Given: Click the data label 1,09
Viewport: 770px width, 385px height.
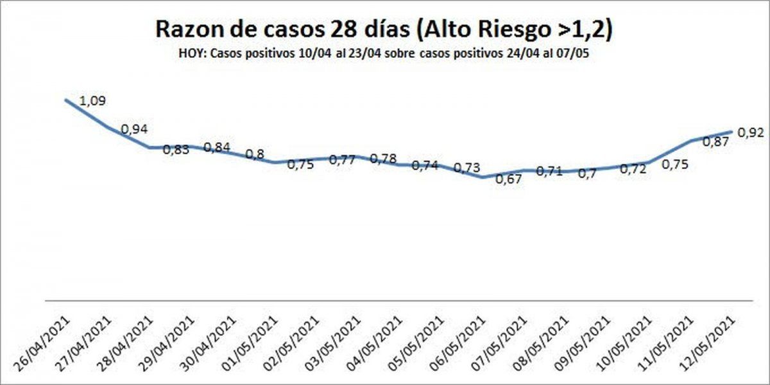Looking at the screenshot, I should pyautogui.click(x=93, y=101).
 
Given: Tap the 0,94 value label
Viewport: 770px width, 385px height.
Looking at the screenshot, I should pyautogui.click(x=135, y=129).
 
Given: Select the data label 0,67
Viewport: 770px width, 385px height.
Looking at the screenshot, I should pyautogui.click(x=509, y=179).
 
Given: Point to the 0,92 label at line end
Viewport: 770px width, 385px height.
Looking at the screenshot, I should pyautogui.click(x=751, y=132).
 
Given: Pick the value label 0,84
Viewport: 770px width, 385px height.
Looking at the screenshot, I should pyautogui.click(x=217, y=147).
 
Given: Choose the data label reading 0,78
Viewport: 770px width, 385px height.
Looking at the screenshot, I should pyautogui.click(x=384, y=158).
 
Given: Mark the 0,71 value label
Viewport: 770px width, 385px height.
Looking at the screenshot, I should pyautogui.click(x=549, y=171).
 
